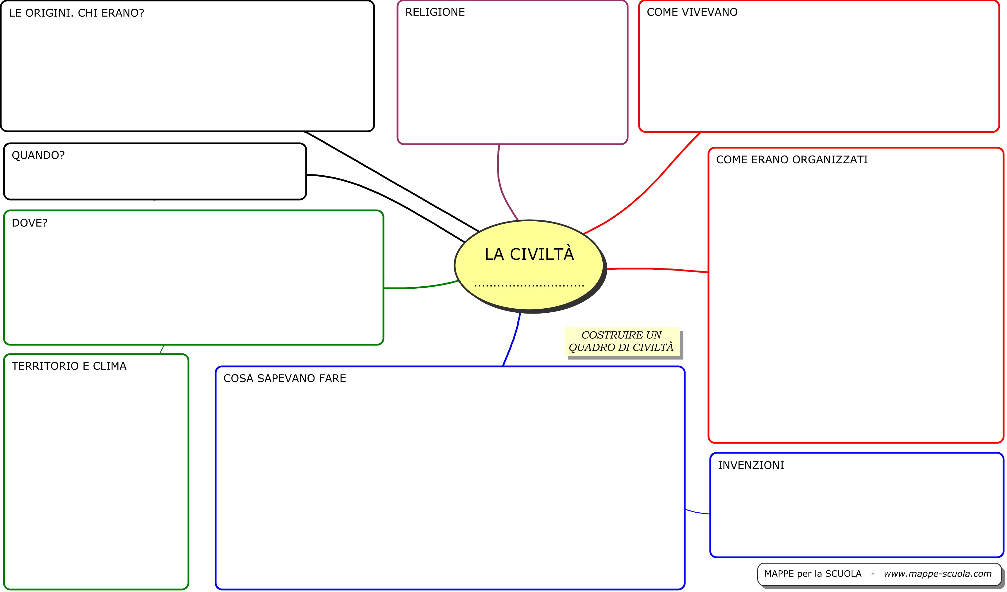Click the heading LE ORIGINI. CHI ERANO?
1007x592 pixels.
tap(76, 13)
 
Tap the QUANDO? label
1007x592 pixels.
tap(38, 155)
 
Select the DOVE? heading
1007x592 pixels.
tap(30, 223)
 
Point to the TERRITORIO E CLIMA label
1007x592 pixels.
tap(69, 366)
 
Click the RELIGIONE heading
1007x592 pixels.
tap(435, 12)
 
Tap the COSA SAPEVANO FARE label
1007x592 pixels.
tap(285, 379)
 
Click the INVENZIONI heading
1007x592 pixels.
tap(750, 465)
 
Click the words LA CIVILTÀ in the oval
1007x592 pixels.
tap(529, 255)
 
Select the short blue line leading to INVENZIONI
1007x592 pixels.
tap(697, 512)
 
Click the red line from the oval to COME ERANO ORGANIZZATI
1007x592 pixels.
tap(659, 269)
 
